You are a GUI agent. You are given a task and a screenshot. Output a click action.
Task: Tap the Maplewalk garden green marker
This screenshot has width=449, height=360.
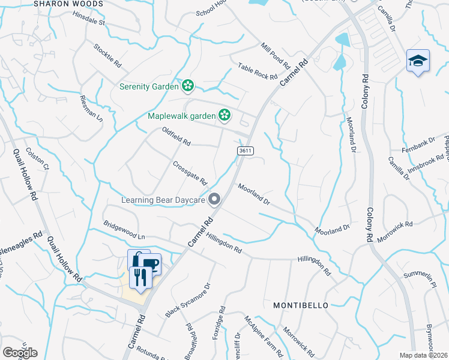pyautogui.click(x=224, y=114)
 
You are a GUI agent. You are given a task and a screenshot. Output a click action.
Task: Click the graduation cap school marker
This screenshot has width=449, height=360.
pyautogui.click(x=418, y=61)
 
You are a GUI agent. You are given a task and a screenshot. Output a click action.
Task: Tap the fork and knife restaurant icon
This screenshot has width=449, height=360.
pyautogui.click(x=140, y=278)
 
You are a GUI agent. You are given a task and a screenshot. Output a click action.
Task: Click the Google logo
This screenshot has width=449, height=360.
pyautogui.click(x=20, y=352)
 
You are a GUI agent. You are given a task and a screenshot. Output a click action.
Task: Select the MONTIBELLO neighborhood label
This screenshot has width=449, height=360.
pyautogui.click(x=301, y=305)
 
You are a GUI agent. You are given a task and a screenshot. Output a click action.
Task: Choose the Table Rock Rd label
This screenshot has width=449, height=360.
pyautogui.click(x=258, y=72)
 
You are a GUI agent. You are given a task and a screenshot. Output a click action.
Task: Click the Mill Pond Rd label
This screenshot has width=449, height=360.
pyautogui.click(x=276, y=56)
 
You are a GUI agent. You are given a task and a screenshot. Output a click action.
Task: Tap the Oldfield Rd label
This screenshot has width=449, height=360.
pyautogui.click(x=176, y=136)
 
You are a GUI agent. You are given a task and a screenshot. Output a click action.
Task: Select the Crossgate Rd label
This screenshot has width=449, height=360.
pyautogui.click(x=190, y=173)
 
